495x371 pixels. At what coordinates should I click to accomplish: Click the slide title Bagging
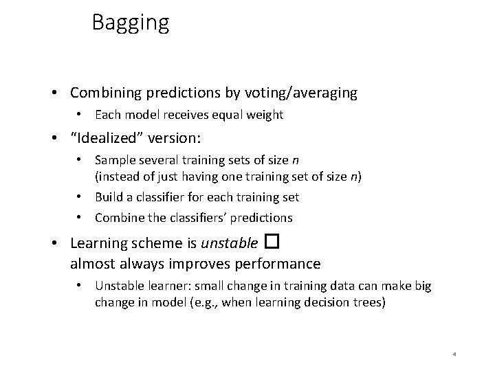coord(130,23)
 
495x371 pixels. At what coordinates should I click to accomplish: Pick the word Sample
coord(113,161)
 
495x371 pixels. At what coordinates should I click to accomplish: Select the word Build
coord(108,197)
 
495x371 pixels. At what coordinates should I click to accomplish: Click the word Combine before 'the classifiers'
coord(118,218)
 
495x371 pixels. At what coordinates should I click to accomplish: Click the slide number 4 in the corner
coord(455,355)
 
